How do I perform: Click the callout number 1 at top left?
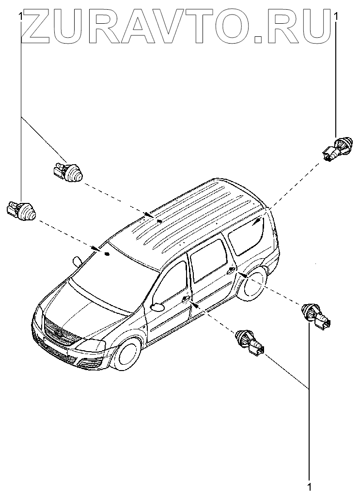click(20, 16)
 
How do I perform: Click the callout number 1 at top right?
click(336, 16)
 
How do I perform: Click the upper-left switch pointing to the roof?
click(68, 171)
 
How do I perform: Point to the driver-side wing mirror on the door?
click(157, 306)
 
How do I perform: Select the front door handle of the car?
click(186, 299)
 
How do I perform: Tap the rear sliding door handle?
click(231, 270)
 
